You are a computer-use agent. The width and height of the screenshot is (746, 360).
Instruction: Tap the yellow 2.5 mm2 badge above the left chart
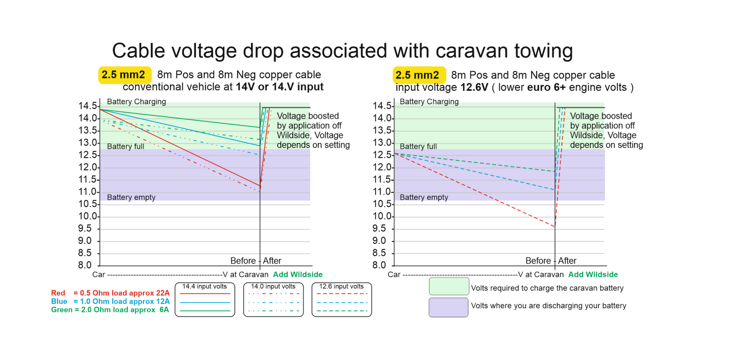coord(124,75)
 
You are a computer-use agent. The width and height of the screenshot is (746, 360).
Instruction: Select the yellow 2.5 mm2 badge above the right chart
coord(418,75)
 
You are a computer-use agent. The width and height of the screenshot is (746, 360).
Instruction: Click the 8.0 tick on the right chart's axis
coord(379,265)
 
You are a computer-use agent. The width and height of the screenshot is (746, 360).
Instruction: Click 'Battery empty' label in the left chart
coord(131,197)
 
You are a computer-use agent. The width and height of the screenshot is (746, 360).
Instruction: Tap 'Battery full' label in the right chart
coord(418,146)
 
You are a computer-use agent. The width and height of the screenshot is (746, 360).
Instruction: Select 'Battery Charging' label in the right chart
coord(429,102)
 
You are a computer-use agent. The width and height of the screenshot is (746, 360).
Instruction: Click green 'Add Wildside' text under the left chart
coord(297,275)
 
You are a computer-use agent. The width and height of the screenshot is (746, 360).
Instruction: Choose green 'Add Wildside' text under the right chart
coord(593,275)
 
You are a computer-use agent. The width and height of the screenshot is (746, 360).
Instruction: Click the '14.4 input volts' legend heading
coord(204,287)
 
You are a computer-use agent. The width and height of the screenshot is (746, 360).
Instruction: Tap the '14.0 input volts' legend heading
coord(273,287)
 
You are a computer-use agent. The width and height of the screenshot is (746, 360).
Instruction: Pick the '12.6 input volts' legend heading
coord(341,287)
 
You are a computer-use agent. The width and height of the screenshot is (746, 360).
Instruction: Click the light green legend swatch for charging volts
coord(449,287)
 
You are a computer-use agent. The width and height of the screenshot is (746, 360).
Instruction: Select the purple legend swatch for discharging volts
coord(449,307)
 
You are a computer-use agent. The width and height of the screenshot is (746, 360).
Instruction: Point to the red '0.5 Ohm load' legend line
coord(110,293)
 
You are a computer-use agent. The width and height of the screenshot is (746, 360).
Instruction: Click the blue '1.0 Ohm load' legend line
coord(110,302)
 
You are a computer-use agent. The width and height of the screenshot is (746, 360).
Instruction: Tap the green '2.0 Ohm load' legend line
coord(110,310)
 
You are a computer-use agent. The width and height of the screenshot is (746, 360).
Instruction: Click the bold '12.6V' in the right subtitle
coord(474,87)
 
